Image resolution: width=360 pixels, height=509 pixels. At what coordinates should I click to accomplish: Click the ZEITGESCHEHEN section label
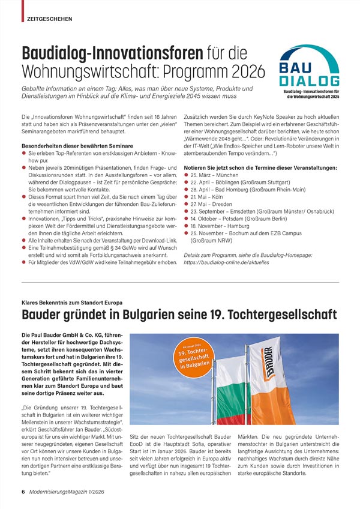point(50,19)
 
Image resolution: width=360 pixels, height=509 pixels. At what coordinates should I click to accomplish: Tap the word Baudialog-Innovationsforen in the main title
point(112,53)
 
